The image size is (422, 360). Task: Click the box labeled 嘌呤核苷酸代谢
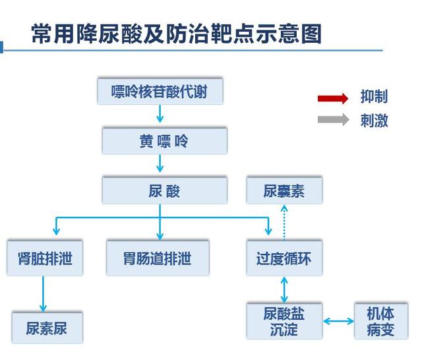pos(160,92)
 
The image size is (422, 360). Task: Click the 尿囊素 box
pos(284,191)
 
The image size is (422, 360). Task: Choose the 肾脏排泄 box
pos(45,258)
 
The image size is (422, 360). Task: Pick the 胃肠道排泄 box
pos(158,258)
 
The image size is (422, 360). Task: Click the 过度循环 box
pos(284,258)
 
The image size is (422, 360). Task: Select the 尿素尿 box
pos(47,327)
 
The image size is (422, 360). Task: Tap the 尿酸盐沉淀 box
pos(284,321)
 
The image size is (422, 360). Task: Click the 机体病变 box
pos(380,321)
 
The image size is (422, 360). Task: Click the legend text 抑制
pos(374,98)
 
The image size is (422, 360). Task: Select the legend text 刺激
pos(374,120)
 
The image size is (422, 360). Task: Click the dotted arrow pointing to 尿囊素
pos(284,222)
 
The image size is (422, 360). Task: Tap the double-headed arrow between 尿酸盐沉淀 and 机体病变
pos(339,322)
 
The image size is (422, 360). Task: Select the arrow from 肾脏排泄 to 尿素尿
pos(44,293)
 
